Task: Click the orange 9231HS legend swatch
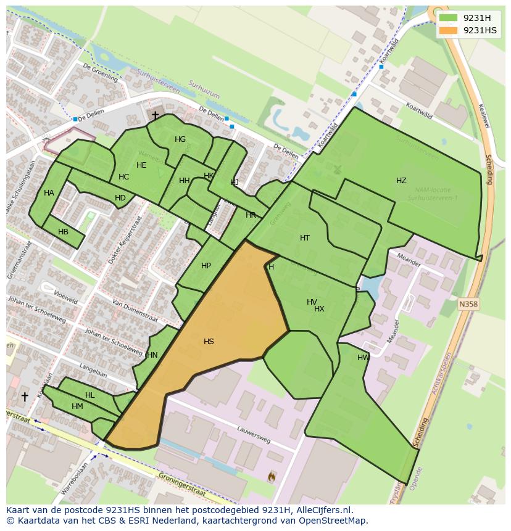[x=449, y=30]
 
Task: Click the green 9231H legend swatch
[x=449, y=17]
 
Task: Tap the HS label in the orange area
[x=209, y=341]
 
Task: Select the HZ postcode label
[x=401, y=181]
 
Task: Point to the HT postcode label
[x=305, y=238]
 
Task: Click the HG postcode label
[x=180, y=139]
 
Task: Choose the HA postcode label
[x=49, y=193]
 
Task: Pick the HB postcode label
[x=63, y=232]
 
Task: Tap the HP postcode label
[x=206, y=266]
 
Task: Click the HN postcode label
[x=152, y=355]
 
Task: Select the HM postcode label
[x=77, y=406]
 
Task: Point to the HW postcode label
[x=364, y=358]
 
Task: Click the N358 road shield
[x=468, y=304]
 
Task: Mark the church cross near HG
[x=155, y=115]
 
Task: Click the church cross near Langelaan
[x=25, y=397]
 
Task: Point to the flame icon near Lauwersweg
[x=272, y=476]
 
